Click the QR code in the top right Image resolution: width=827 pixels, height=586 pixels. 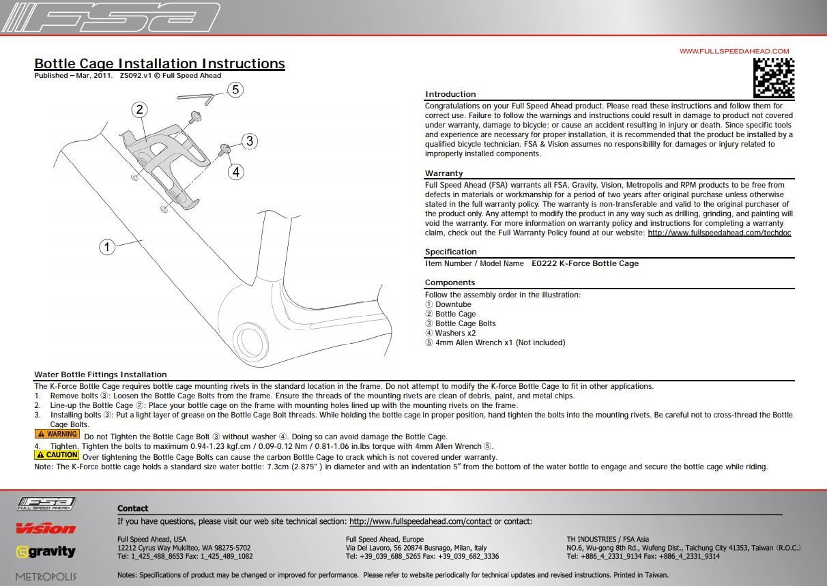[x=774, y=78]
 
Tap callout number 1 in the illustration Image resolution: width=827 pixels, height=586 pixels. [x=107, y=247]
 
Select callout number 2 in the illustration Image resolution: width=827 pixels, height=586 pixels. [x=139, y=110]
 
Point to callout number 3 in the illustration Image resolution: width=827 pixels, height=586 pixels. [x=250, y=141]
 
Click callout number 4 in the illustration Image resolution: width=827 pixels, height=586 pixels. [x=235, y=172]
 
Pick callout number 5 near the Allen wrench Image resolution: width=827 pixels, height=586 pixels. [x=235, y=89]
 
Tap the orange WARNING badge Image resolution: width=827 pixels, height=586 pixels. [x=57, y=434]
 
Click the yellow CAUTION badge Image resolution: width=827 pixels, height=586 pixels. [x=57, y=455]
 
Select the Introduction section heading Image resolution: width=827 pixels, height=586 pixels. [x=450, y=94]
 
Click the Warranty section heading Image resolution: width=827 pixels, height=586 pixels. [x=444, y=173]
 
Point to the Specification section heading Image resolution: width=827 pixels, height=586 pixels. [x=450, y=252]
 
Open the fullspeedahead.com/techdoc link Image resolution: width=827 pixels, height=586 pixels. [x=719, y=233]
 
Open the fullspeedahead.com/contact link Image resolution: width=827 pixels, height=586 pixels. [x=420, y=521]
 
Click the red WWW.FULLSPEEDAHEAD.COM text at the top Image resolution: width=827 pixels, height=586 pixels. [x=734, y=51]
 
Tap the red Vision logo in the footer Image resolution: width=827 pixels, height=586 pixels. [x=46, y=529]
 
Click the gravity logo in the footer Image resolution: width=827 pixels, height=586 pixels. [x=46, y=552]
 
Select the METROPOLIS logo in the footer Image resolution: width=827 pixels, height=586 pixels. [x=46, y=576]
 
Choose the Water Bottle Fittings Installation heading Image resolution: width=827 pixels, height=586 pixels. [x=100, y=375]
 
